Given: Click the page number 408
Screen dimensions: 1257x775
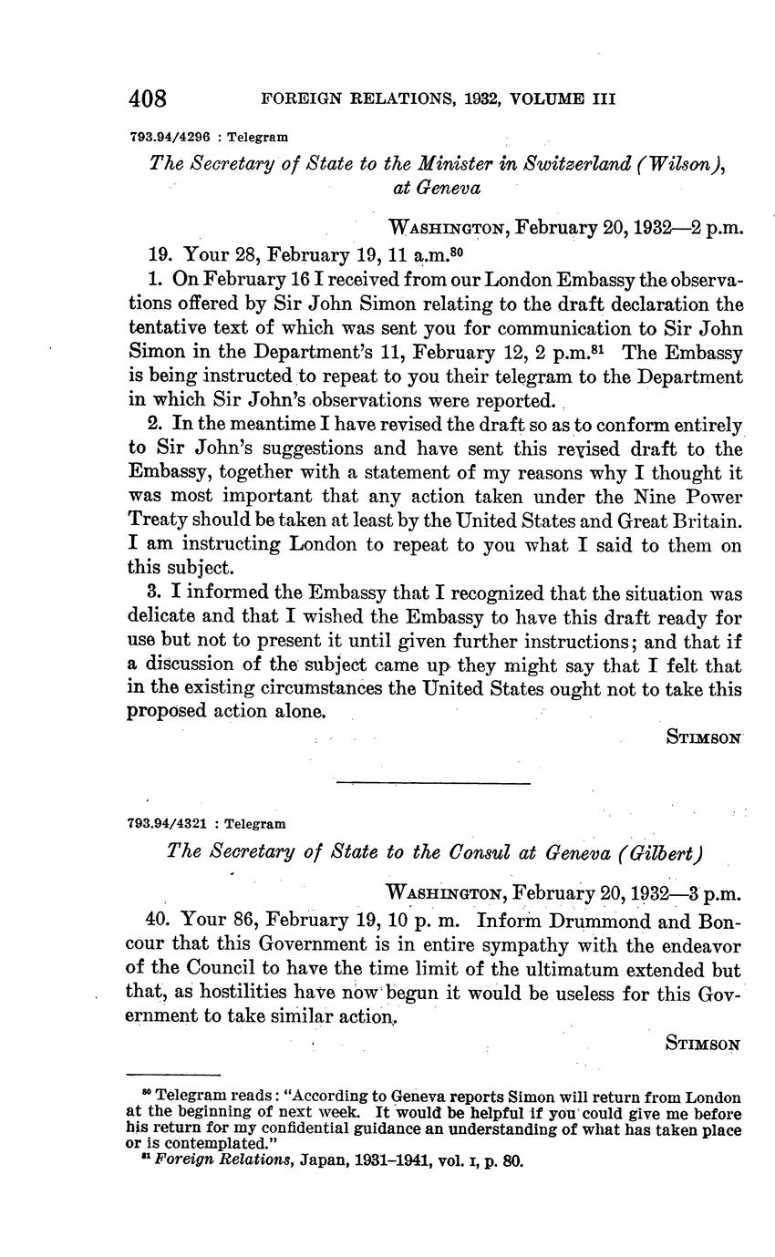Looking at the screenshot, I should (x=147, y=98).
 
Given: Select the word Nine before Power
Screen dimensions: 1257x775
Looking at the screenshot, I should (x=635, y=496).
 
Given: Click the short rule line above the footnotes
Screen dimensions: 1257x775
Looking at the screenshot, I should (x=173, y=1075).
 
